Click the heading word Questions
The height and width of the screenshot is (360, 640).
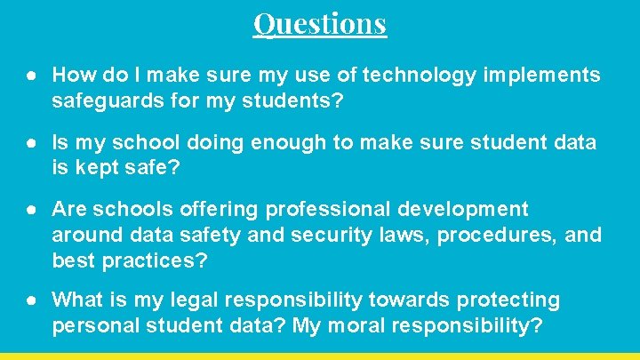[x=320, y=23]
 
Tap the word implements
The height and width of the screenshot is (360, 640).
[x=540, y=76]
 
